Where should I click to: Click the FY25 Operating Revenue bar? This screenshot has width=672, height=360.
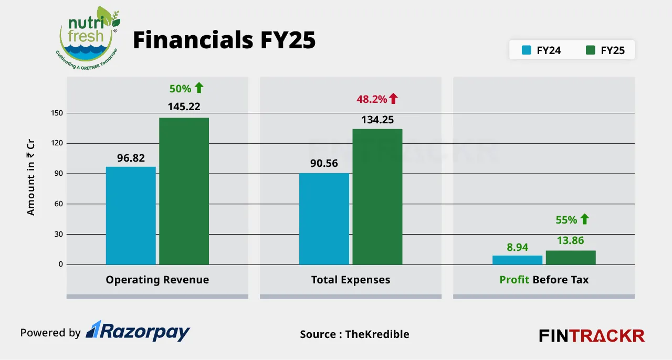pyautogui.click(x=184, y=191)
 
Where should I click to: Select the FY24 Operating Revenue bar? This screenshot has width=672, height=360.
pyautogui.click(x=131, y=215)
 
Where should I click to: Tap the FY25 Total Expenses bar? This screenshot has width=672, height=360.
pyautogui.click(x=377, y=196)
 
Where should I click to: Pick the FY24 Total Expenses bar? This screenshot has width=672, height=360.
pyautogui.click(x=324, y=218)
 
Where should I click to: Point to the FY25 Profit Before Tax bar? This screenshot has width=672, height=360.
pyautogui.click(x=571, y=258)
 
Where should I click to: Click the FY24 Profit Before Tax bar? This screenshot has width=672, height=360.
pyautogui.click(x=517, y=260)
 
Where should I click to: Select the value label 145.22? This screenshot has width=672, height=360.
pyautogui.click(x=184, y=107)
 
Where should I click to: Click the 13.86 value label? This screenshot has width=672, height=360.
pyautogui.click(x=571, y=240)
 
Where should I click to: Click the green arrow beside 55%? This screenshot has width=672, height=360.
pyautogui.click(x=584, y=219)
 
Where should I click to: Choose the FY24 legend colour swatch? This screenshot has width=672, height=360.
pyautogui.click(x=526, y=50)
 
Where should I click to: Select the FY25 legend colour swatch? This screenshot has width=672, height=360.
pyautogui.click(x=590, y=50)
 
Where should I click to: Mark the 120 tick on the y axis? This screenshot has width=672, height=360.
pyautogui.click(x=57, y=143)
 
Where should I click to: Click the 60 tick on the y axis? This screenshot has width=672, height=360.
pyautogui.click(x=58, y=204)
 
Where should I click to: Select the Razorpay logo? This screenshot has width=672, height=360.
pyautogui.click(x=138, y=331)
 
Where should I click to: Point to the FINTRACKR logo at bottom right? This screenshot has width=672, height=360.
pyautogui.click(x=592, y=335)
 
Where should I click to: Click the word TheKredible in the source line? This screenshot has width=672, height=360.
pyautogui.click(x=377, y=334)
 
